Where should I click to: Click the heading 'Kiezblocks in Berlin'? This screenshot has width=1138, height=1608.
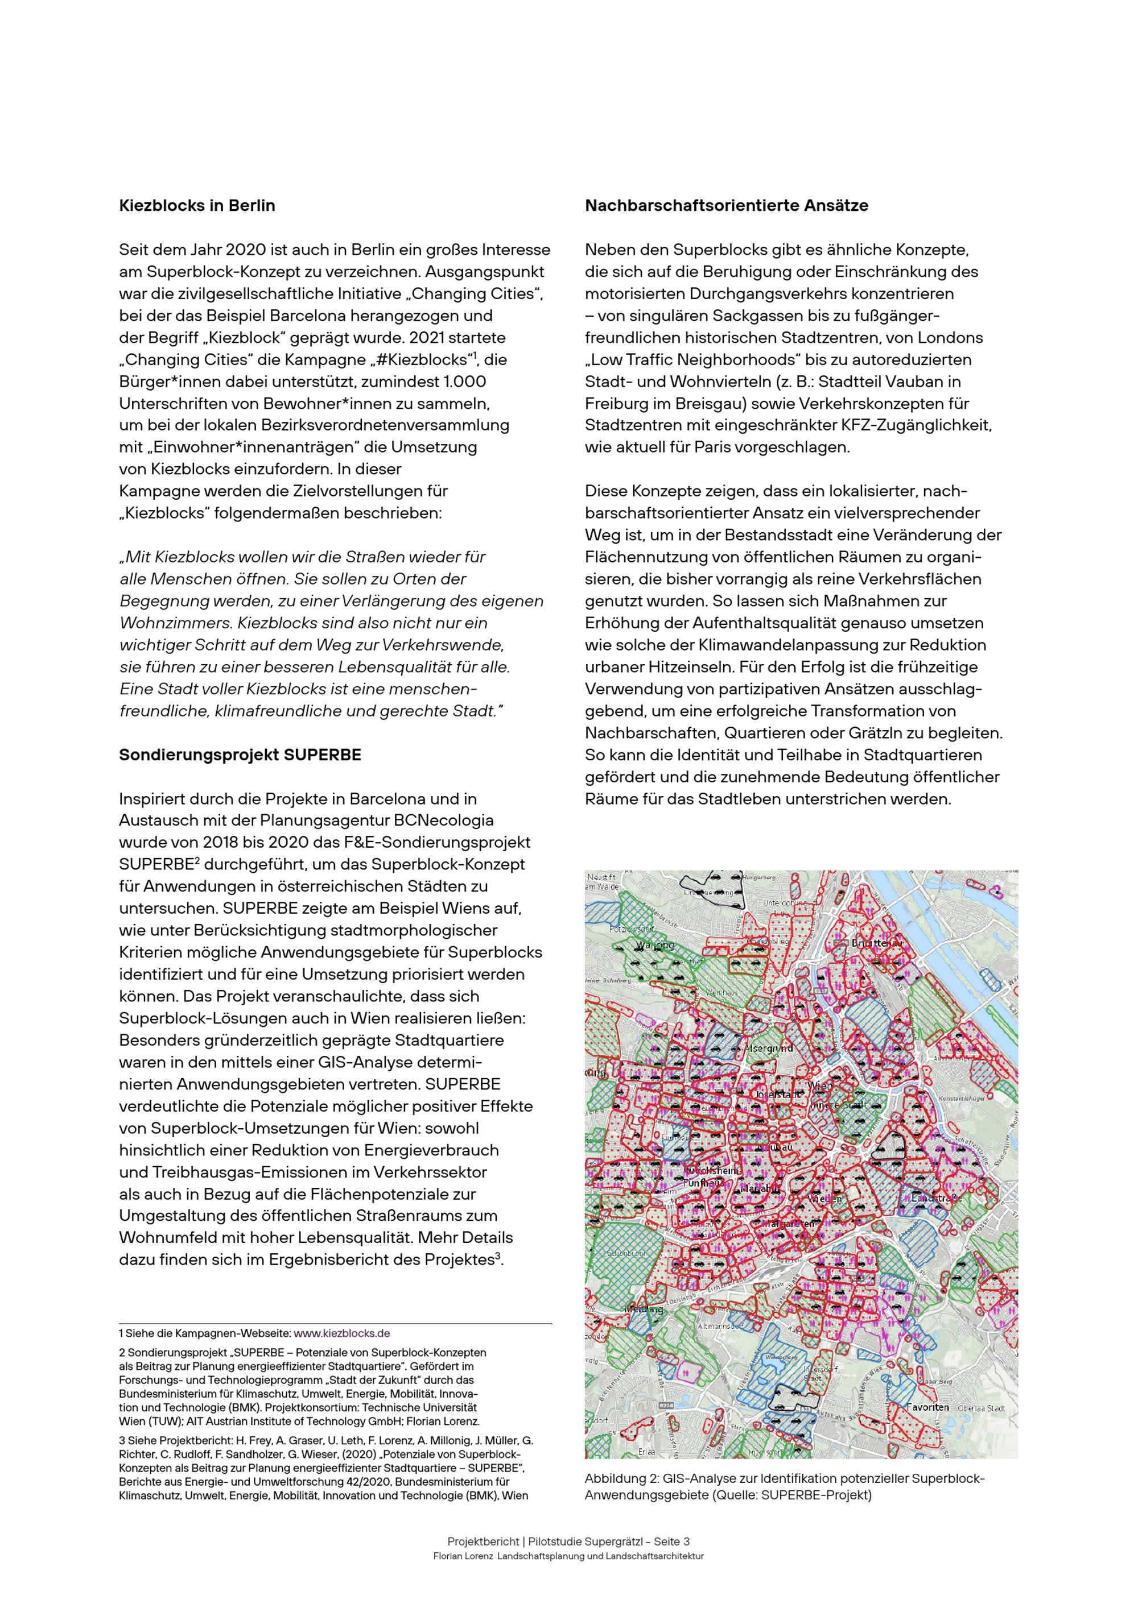pos(197,206)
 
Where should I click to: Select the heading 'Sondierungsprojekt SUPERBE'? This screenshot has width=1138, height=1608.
pos(240,755)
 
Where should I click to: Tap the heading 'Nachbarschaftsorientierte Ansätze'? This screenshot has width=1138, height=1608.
pos(727,206)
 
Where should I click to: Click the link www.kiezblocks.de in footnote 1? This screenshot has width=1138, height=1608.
pos(341,1333)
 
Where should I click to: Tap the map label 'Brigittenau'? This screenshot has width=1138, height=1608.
pos(876,943)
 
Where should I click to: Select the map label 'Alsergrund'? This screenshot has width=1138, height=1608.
pos(769,1048)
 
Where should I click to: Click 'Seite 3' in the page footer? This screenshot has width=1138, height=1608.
pos(671,1541)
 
